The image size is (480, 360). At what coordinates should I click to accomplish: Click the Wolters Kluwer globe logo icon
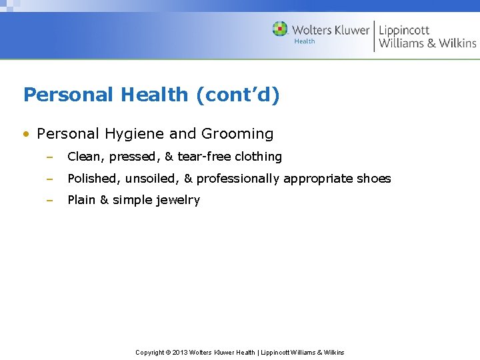280,29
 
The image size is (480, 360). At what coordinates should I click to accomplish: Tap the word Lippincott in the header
404,30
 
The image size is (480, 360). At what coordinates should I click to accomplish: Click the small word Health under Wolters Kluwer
305,41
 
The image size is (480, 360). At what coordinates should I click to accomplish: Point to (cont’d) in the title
237,95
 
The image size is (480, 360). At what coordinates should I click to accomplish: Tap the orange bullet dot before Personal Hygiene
26,134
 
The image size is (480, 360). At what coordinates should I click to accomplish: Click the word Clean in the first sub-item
85,157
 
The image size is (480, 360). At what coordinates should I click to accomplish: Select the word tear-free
203,157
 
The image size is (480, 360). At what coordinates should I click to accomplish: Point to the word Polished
93,179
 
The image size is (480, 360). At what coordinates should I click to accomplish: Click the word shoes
375,179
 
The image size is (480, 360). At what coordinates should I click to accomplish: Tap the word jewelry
178,200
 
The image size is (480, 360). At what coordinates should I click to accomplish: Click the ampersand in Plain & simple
104,200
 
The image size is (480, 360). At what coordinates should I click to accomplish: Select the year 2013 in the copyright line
181,352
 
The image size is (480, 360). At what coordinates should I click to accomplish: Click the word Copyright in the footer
150,352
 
